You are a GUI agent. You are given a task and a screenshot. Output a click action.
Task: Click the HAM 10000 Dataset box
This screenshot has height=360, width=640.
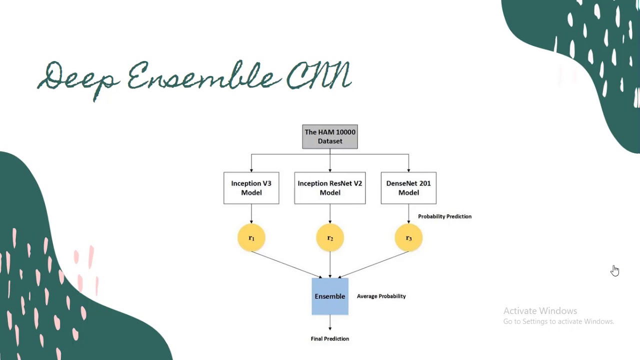coord(330,136)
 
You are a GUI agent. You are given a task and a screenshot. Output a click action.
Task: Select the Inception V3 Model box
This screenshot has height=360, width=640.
coord(251,188)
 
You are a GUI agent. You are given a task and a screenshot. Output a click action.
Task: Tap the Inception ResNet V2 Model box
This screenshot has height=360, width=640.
coord(330,188)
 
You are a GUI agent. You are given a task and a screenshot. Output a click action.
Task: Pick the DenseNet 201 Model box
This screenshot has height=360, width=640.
coord(408,188)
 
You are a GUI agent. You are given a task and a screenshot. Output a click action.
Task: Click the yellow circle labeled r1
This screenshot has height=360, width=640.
coord(251,238)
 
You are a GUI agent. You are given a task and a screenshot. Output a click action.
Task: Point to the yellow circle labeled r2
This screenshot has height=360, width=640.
coord(330,238)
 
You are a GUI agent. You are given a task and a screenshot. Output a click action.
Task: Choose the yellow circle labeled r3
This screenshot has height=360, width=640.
coord(408,238)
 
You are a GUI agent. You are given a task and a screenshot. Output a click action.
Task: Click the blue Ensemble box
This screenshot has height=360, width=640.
coord(330,296)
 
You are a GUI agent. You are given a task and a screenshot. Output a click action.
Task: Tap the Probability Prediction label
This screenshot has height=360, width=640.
coord(444,216)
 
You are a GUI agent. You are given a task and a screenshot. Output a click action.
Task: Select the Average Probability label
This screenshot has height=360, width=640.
coord(381,296)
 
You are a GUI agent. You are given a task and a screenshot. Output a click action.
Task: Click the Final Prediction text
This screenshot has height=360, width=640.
coord(330,339)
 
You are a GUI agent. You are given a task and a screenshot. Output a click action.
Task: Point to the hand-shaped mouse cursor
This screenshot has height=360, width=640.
coord(614,270)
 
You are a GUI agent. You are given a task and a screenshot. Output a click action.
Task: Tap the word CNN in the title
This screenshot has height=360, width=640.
coord(319,76)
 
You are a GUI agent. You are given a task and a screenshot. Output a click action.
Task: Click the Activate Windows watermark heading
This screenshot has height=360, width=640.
coord(540,311)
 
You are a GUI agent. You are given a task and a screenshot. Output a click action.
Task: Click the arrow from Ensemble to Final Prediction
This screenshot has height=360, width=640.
coord(330,323)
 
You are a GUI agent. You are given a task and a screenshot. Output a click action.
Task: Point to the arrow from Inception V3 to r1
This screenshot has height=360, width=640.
coord(251,213)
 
